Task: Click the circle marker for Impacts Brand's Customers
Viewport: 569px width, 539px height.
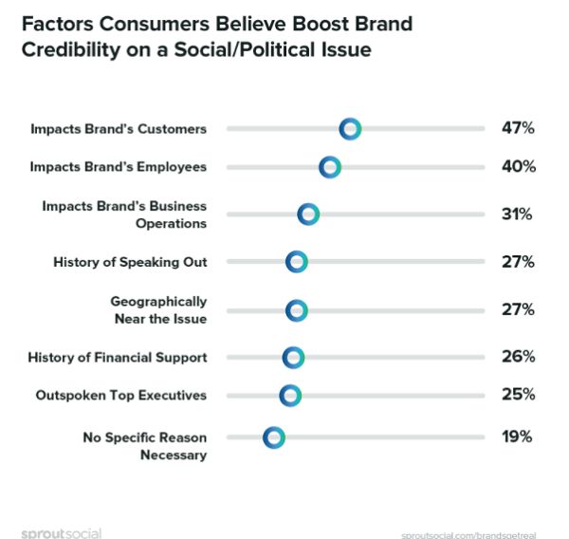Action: click(x=351, y=129)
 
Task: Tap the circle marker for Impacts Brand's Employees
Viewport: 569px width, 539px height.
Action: click(x=330, y=167)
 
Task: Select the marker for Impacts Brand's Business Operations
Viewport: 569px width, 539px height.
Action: click(x=307, y=214)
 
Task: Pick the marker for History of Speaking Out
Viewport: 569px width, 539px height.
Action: click(x=297, y=262)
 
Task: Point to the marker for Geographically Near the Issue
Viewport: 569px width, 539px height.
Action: click(x=297, y=309)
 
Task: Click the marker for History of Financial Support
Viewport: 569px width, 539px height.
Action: click(x=293, y=358)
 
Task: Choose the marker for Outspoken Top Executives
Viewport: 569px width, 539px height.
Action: click(x=290, y=396)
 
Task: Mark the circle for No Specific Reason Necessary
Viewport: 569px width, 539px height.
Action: click(x=274, y=437)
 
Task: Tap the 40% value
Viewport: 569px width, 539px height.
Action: click(x=519, y=167)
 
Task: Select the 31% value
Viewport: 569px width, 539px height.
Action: click(x=517, y=214)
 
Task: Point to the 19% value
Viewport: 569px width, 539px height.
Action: click(x=517, y=437)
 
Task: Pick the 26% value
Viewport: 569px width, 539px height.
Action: click(x=519, y=358)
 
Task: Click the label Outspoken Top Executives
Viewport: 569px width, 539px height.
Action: click(x=121, y=396)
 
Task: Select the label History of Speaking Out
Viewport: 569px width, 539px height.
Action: click(x=130, y=262)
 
